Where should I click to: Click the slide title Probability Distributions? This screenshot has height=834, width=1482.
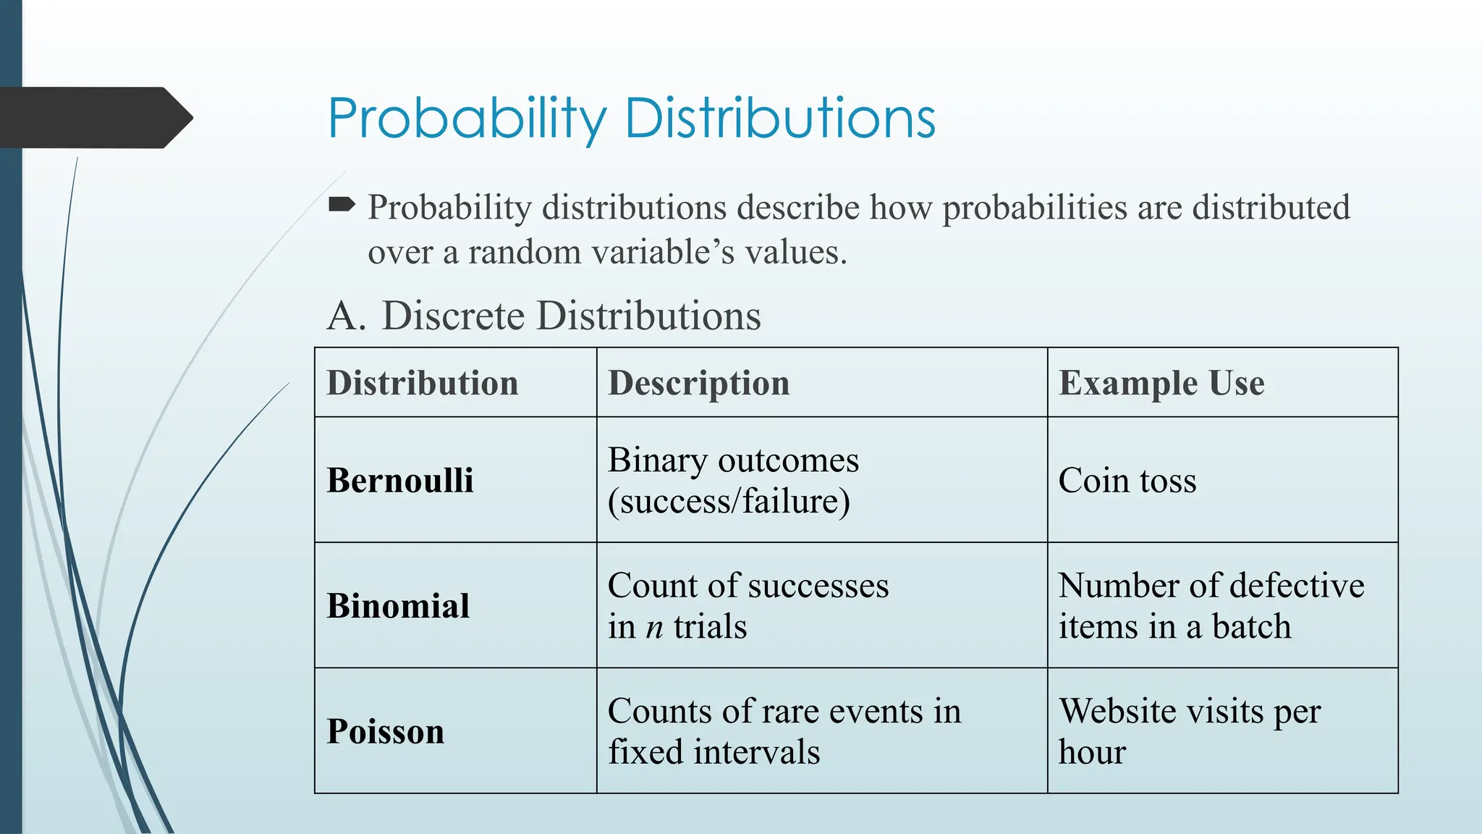pyautogui.click(x=631, y=118)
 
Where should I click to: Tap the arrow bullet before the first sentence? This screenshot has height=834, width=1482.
pyautogui.click(x=342, y=206)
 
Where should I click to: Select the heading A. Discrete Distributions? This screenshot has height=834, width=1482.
pyautogui.click(x=544, y=316)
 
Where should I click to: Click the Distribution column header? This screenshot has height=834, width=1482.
pyautogui.click(x=423, y=383)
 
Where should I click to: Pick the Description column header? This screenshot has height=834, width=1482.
pyautogui.click(x=698, y=383)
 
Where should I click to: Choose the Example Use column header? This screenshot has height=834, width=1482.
pyautogui.click(x=1161, y=383)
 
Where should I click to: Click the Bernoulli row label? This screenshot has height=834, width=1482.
pyautogui.click(x=400, y=480)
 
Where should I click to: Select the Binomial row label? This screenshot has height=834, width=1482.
pyautogui.click(x=398, y=606)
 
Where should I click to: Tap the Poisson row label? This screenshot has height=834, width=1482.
pyautogui.click(x=385, y=731)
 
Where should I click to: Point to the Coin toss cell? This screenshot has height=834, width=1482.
pyautogui.click(x=1127, y=480)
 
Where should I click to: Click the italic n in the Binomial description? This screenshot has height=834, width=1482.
pyautogui.click(x=654, y=627)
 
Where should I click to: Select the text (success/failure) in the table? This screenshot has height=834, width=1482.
pyautogui.click(x=729, y=501)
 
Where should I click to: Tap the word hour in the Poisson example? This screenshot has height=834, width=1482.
pyautogui.click(x=1092, y=752)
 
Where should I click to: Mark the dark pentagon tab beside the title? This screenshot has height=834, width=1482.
pyautogui.click(x=94, y=117)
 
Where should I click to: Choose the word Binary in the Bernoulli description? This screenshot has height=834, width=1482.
pyautogui.click(x=657, y=460)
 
